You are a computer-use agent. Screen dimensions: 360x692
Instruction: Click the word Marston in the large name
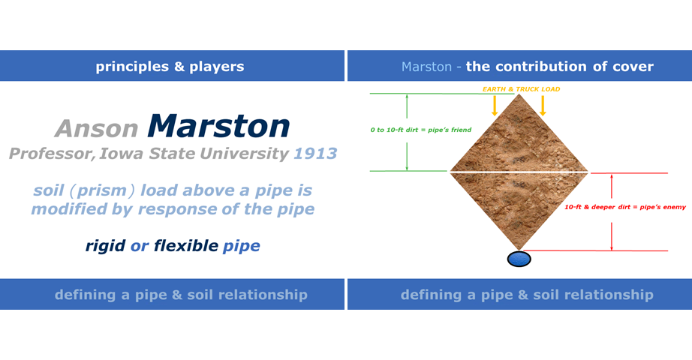pos(218,126)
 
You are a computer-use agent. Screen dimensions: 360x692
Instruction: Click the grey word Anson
pos(97,129)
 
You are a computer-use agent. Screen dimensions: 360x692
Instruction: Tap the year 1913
pos(315,154)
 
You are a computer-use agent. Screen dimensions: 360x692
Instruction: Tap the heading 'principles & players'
pos(170,67)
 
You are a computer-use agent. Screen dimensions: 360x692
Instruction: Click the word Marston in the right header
pos(426,67)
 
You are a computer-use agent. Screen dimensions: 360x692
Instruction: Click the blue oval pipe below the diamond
pos(519,259)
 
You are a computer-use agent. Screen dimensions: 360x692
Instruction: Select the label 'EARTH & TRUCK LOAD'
pos(521,89)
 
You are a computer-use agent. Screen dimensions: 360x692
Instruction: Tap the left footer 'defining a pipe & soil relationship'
pos(181,295)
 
